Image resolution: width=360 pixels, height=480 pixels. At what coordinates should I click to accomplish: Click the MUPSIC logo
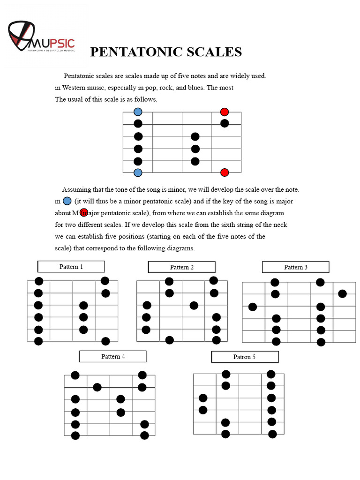[x=41, y=37]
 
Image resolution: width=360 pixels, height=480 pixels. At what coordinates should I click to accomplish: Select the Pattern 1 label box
[x=71, y=267]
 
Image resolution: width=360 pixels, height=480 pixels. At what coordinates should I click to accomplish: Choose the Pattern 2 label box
[x=181, y=267]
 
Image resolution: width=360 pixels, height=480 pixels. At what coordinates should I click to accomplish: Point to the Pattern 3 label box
[x=295, y=267]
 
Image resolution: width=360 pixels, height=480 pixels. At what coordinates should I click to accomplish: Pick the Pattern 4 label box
[x=113, y=356]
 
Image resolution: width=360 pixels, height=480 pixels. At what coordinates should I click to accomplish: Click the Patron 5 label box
[x=245, y=357]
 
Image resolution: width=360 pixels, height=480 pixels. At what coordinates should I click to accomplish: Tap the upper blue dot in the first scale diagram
[x=138, y=112]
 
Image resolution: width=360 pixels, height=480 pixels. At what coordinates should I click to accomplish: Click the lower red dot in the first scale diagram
[x=225, y=172]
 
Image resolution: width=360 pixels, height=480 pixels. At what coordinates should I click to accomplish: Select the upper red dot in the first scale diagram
[x=225, y=112]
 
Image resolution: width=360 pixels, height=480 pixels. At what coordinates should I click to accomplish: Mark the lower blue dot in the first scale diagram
[x=138, y=172]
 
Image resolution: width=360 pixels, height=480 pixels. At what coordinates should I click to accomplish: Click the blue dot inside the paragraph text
[x=67, y=201]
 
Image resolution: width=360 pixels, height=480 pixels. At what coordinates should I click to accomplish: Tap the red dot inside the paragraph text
[x=84, y=212]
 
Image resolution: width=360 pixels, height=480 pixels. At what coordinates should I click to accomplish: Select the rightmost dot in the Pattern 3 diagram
[x=342, y=294]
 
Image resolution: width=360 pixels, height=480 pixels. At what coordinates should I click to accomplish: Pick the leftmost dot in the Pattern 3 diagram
[x=253, y=307]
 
